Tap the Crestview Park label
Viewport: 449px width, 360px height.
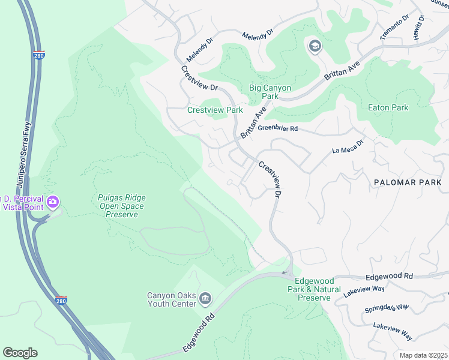click(215, 110)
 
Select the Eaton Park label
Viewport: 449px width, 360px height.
click(388, 108)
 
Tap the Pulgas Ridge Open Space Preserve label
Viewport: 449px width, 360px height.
click(122, 206)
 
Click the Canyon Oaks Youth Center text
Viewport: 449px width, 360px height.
click(172, 299)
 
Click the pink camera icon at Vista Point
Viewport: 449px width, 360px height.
click(53, 202)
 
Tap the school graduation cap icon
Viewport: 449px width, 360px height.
click(315, 46)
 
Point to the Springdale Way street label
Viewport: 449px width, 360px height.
click(387, 309)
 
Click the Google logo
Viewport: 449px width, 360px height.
click(20, 353)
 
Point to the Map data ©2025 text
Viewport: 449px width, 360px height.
click(423, 355)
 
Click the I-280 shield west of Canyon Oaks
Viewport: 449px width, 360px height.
click(61, 300)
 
